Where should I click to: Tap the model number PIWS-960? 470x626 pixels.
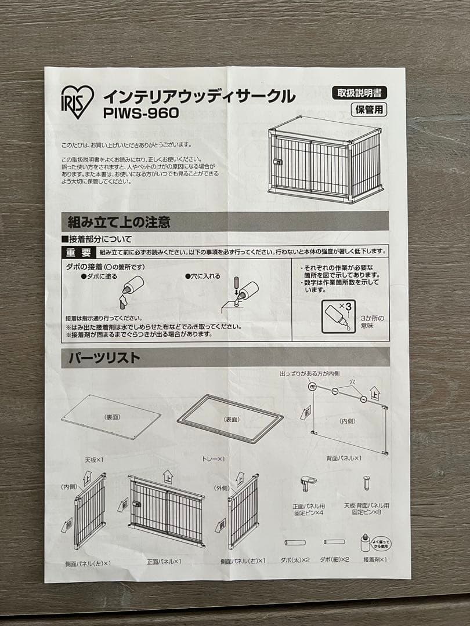pyautogui.click(x=141, y=112)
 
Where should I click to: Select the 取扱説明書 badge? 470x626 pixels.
pyautogui.click(x=360, y=92)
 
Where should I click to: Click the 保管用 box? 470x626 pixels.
pyautogui.click(x=369, y=108)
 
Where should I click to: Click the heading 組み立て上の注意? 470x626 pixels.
pyautogui.click(x=119, y=221)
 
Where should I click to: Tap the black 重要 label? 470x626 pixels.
pyautogui.click(x=78, y=252)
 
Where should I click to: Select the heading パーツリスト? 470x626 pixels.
pyautogui.click(x=104, y=358)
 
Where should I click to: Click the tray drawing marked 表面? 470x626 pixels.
pyautogui.click(x=230, y=418)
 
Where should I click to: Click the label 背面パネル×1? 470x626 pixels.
pyautogui.click(x=344, y=458)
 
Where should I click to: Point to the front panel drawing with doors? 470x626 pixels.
pyautogui.click(x=167, y=511)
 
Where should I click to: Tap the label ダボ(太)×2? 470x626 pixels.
pyautogui.click(x=296, y=560)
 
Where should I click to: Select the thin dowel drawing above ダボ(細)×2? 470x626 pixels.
pyautogui.click(x=334, y=542)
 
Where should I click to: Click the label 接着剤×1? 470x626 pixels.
pyautogui.click(x=375, y=560)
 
